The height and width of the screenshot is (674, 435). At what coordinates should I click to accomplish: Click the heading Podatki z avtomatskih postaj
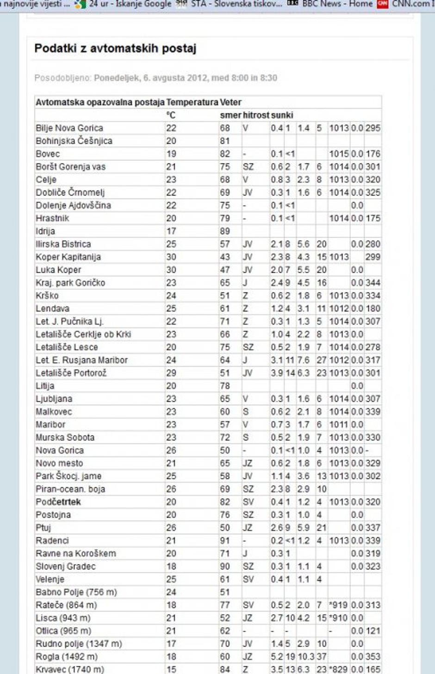click(x=115, y=49)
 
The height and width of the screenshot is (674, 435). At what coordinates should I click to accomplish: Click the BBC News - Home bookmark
click(x=337, y=4)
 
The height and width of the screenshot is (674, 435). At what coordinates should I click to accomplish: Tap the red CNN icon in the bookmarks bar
click(x=383, y=4)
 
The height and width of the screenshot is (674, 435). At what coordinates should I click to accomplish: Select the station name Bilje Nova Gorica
click(x=69, y=128)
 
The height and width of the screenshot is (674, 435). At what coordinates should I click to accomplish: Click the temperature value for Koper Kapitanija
click(x=171, y=257)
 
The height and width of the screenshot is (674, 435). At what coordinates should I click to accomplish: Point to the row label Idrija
click(x=45, y=231)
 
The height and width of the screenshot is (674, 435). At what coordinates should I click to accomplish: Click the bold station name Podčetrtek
click(x=58, y=502)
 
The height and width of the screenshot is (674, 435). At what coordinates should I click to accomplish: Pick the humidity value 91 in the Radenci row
click(x=225, y=540)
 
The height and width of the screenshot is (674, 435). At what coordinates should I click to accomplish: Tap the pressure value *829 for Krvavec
click(x=339, y=669)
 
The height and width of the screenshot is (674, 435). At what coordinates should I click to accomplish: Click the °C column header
click(x=171, y=115)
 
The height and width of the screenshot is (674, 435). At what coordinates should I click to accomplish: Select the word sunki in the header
click(x=282, y=115)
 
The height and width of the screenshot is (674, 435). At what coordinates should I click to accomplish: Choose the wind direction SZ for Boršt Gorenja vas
click(x=249, y=167)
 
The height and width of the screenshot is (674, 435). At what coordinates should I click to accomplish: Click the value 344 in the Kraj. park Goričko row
click(x=373, y=283)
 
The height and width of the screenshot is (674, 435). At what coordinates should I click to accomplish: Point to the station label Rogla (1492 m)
click(x=67, y=656)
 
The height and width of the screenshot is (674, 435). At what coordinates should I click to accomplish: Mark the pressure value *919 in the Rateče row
click(x=339, y=605)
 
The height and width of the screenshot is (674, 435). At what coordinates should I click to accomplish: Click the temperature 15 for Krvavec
click(x=171, y=669)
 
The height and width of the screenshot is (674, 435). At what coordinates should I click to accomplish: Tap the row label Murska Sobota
click(x=65, y=437)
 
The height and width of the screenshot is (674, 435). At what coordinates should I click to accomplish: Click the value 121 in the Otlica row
click(x=373, y=631)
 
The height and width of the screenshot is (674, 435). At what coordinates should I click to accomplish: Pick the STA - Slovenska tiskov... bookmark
click(x=236, y=4)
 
